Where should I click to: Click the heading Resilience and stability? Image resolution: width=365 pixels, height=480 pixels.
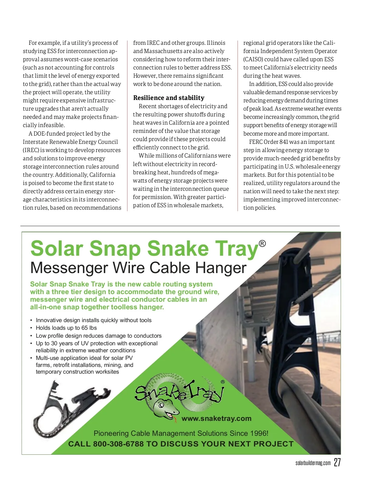169,98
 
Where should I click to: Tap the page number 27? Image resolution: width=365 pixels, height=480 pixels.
337,462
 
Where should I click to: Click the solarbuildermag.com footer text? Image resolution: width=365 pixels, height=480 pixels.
313,463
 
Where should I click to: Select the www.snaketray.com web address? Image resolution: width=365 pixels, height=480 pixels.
216,419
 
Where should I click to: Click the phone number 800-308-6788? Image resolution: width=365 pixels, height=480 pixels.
118,444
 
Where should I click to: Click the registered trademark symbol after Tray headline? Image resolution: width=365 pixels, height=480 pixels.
262,244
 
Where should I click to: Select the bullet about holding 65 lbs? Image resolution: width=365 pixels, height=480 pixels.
66,328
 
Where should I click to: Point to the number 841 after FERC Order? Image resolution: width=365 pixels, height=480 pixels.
283,142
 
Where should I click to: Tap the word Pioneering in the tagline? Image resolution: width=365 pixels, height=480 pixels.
111,433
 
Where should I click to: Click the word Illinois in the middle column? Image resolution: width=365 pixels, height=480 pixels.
216,43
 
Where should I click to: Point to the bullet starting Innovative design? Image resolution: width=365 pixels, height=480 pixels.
93,320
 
